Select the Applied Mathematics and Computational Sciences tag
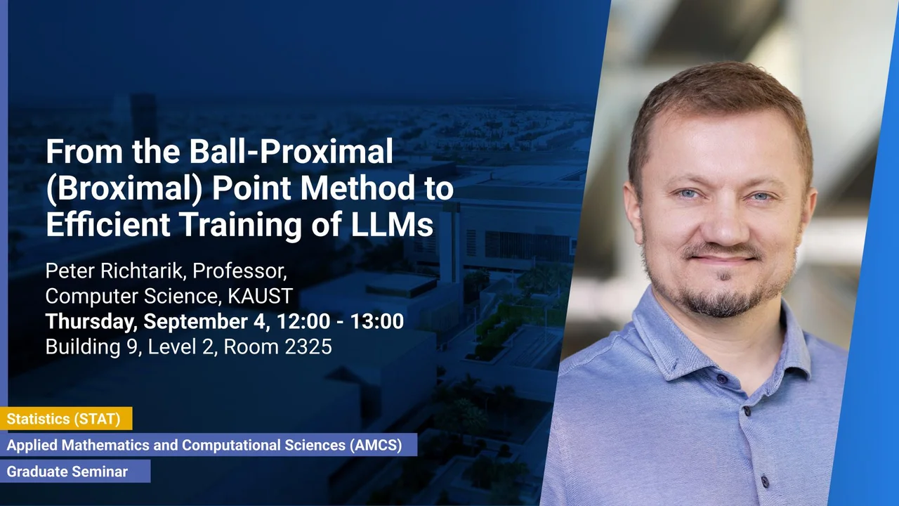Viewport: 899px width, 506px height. [x=204, y=445]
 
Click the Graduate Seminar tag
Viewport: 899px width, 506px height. [x=67, y=472]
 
